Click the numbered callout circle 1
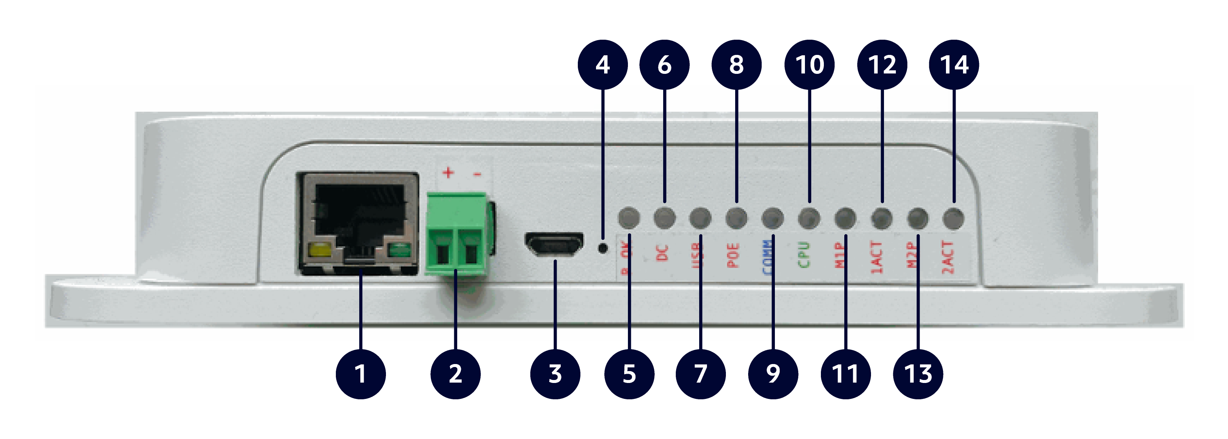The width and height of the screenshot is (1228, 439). [360, 374]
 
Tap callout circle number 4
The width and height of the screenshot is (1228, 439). [603, 64]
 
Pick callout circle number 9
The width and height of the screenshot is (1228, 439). [773, 374]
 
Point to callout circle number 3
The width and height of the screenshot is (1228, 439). [555, 374]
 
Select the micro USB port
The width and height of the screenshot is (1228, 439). [554, 245]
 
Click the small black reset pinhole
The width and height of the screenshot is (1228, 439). [603, 248]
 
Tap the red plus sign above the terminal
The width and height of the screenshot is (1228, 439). [448, 172]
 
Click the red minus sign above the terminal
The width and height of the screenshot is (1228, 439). [477, 174]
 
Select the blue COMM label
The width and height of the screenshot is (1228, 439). [767, 258]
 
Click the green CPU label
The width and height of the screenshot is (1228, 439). [804, 255]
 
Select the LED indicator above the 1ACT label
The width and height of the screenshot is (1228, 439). [881, 218]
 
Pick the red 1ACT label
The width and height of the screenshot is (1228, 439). [876, 258]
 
